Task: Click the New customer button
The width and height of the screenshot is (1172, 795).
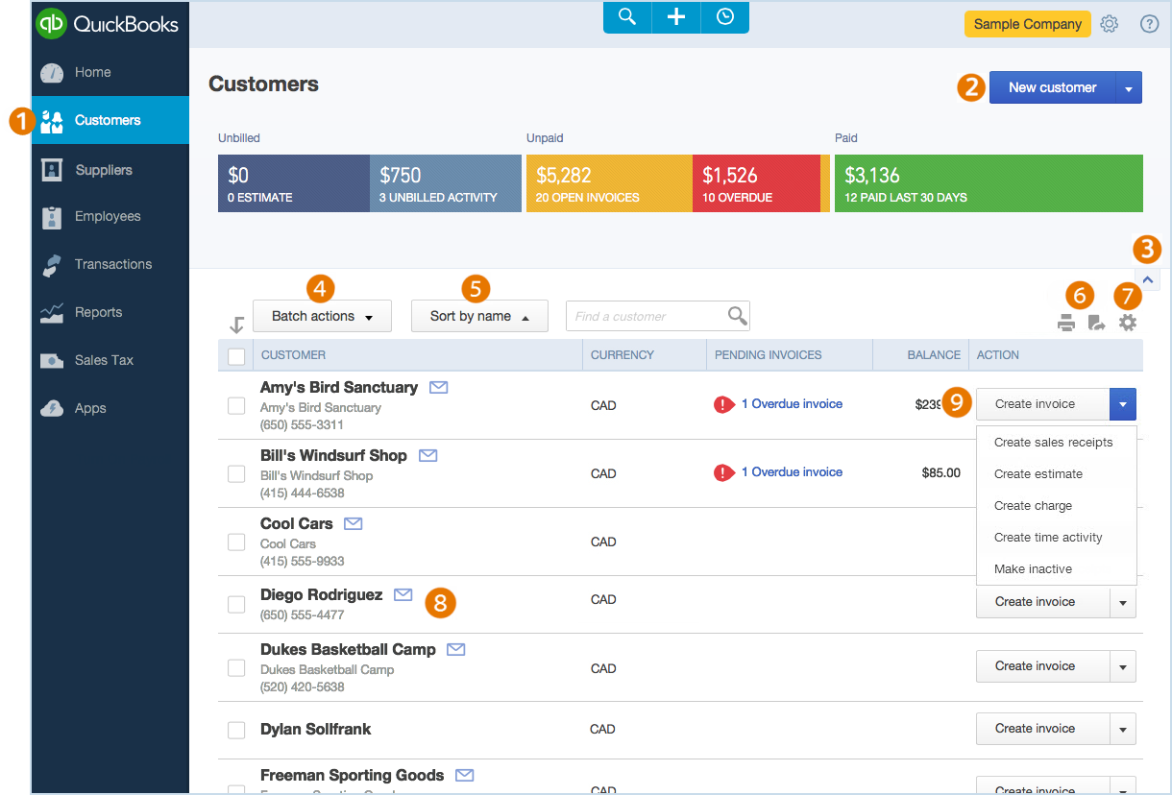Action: pyautogui.click(x=1052, y=87)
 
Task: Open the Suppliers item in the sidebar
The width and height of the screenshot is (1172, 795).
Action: pyautogui.click(x=103, y=170)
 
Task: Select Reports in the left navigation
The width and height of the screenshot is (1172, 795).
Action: pyautogui.click(x=98, y=312)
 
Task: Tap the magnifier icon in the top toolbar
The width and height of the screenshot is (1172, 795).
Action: pyautogui.click(x=627, y=17)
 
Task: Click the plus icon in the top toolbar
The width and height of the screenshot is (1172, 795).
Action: pyautogui.click(x=676, y=17)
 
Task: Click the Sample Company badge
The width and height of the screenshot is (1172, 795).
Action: pyautogui.click(x=1027, y=24)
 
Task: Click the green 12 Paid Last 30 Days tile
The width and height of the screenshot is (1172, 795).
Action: pyautogui.click(x=988, y=183)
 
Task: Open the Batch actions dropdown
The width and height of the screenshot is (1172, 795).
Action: pyautogui.click(x=322, y=316)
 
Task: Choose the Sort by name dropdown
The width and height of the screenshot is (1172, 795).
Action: pyautogui.click(x=479, y=316)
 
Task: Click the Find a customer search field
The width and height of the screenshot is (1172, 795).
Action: pyautogui.click(x=647, y=316)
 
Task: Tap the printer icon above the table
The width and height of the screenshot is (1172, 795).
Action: pyautogui.click(x=1066, y=324)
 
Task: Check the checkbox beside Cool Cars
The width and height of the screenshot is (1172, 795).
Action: pyautogui.click(x=236, y=542)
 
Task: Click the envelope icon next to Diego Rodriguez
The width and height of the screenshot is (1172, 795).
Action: pyautogui.click(x=403, y=595)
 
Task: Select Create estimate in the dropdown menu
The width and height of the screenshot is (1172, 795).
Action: pyautogui.click(x=1038, y=474)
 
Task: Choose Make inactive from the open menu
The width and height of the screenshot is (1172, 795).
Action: pyautogui.click(x=1033, y=569)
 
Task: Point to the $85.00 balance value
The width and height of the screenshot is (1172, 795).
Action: pyautogui.click(x=940, y=472)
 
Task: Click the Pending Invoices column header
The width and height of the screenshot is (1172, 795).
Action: pyautogui.click(x=769, y=355)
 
